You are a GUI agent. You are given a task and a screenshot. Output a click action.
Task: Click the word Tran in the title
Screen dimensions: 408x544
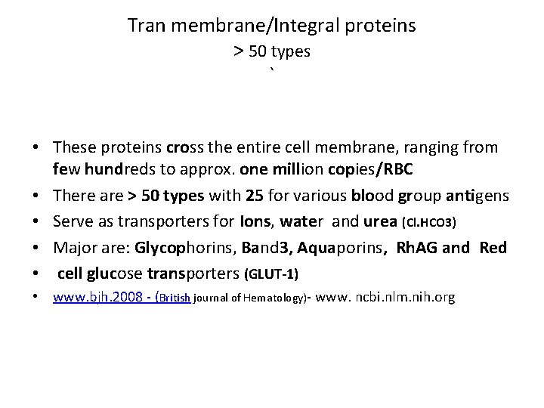tap(147, 26)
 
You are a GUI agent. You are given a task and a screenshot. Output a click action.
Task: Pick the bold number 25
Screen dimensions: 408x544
tap(255, 196)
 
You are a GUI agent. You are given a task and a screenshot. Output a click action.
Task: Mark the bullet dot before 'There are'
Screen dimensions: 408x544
tap(38, 196)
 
